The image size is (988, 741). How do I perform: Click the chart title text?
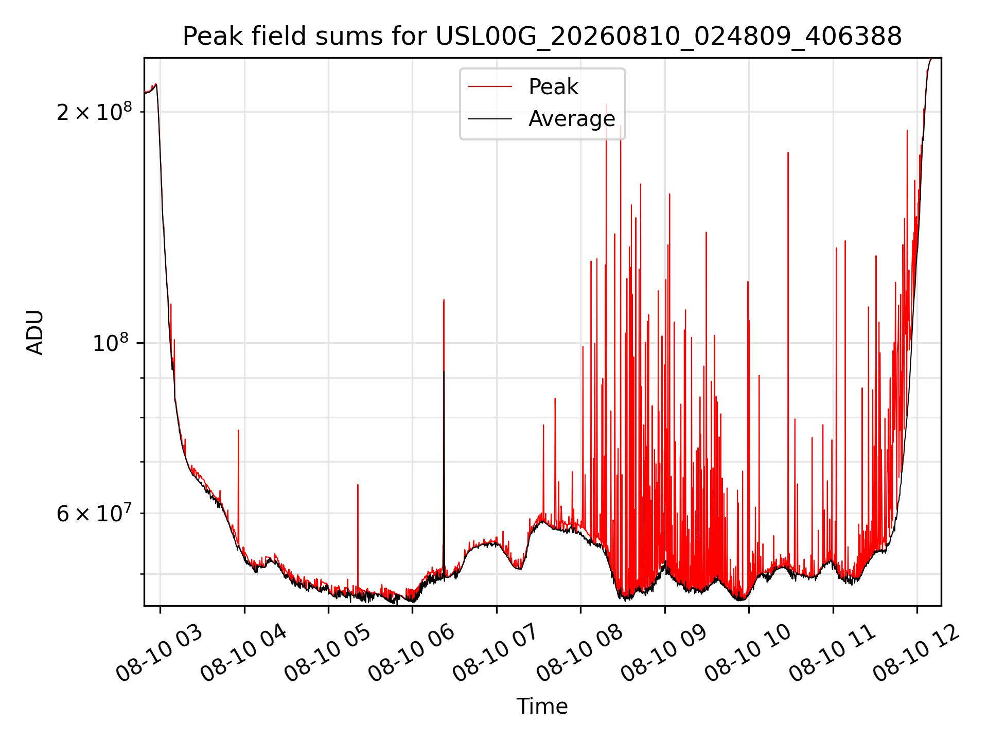(542, 37)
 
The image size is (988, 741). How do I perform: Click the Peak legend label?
(553, 87)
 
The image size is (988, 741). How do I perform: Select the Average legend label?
(572, 119)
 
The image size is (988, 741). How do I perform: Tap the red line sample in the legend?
(490, 87)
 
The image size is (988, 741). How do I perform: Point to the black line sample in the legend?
(490, 119)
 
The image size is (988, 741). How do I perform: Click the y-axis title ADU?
(35, 332)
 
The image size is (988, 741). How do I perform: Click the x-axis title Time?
(542, 707)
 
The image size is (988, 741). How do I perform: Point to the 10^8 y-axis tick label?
(112, 343)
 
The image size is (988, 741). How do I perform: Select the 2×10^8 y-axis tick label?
(94, 112)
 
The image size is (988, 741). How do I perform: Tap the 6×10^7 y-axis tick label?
(94, 513)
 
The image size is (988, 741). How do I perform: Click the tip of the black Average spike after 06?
(444, 371)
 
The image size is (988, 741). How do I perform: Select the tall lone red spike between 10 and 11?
(788, 360)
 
